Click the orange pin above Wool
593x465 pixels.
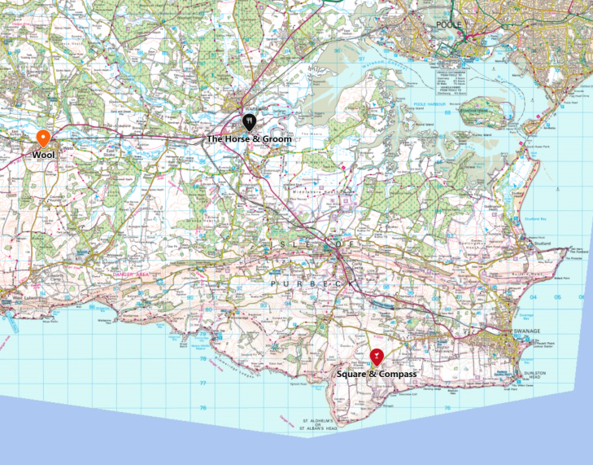coord(43,138)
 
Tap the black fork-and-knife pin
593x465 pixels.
coord(250,122)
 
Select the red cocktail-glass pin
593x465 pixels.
coord(377,356)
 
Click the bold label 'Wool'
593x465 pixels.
coord(43,155)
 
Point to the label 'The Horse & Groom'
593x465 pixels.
coord(248,139)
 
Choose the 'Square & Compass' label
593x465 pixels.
coord(377,374)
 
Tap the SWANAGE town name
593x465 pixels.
coord(504,332)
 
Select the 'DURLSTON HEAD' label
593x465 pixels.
coord(534,375)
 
